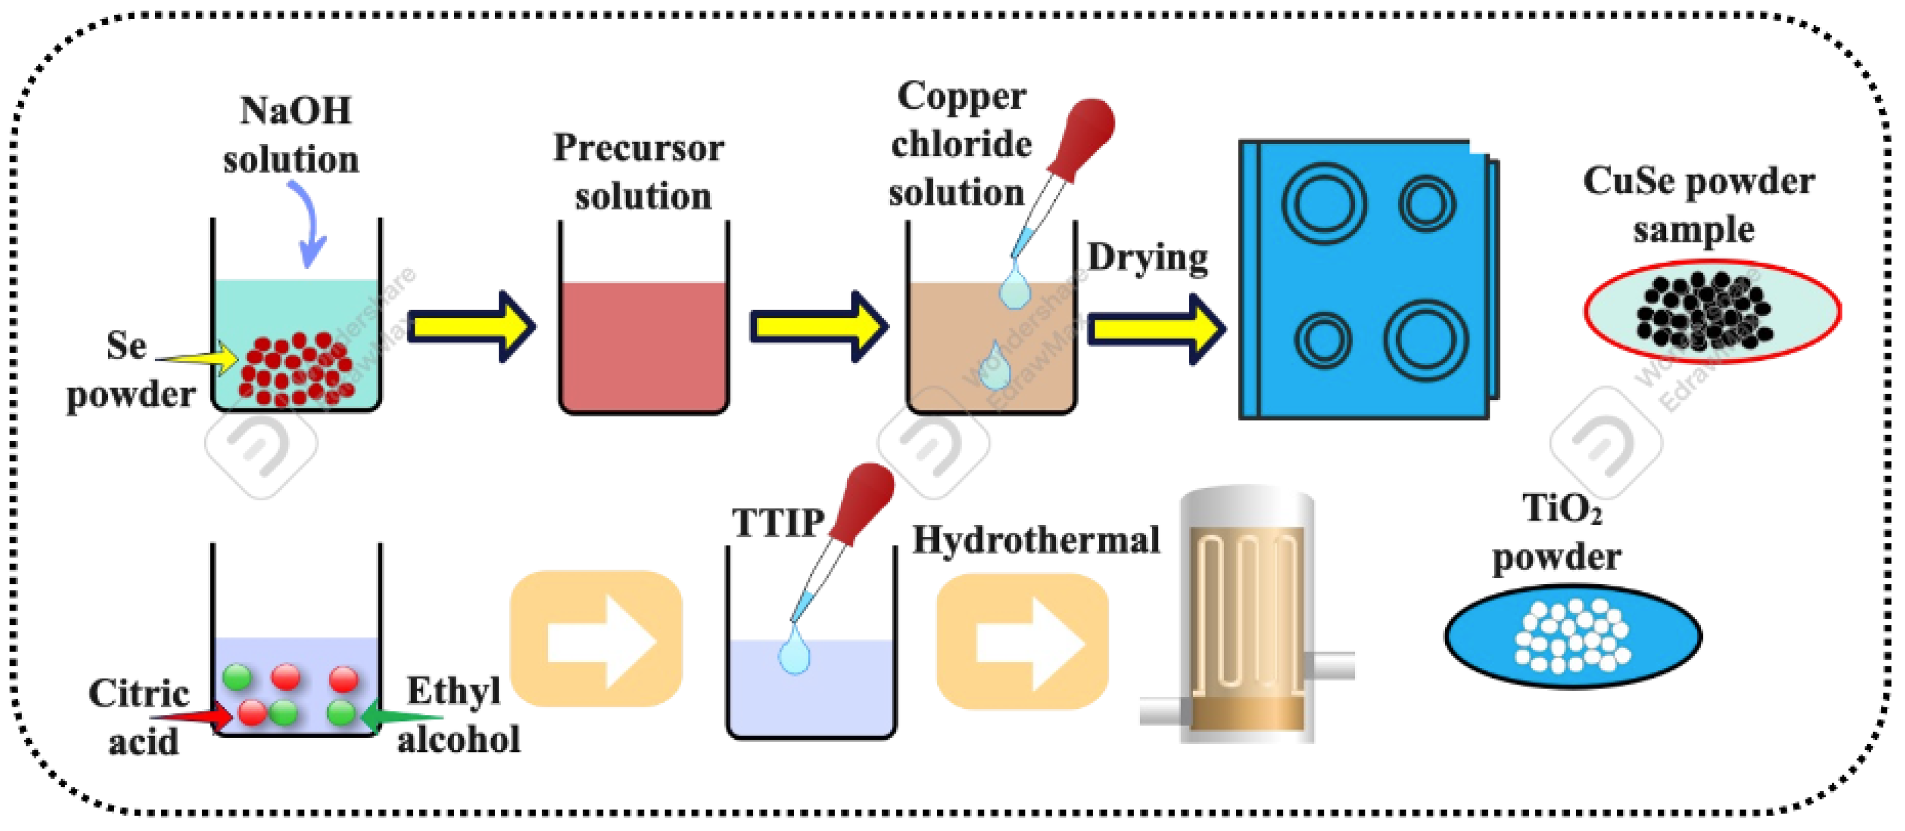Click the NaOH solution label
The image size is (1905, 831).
coord(292,135)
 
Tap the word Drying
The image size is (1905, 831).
coord(1147,259)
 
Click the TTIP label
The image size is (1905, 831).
coord(778,523)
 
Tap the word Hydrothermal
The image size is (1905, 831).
coord(1036,540)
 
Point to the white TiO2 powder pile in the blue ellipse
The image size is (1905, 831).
coord(1572,636)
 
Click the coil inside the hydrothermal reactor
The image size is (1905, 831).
coord(1245,614)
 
